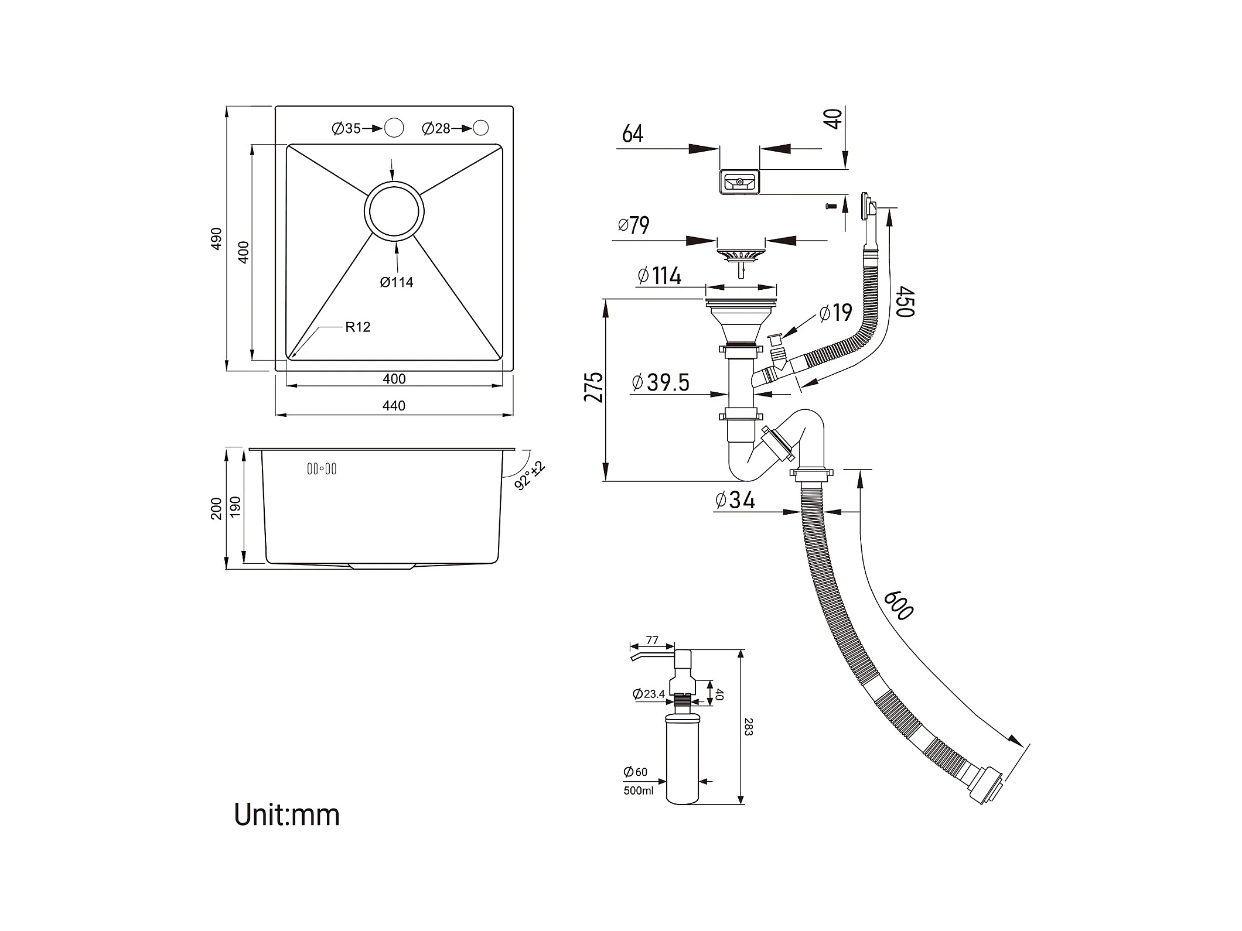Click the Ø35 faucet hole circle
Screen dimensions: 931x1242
click(394, 128)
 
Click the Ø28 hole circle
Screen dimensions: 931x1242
click(480, 128)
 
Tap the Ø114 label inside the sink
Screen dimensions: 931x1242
click(397, 282)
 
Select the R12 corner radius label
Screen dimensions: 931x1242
click(357, 327)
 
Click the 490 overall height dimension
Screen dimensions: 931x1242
click(216, 238)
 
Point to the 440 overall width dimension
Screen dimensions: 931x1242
click(394, 406)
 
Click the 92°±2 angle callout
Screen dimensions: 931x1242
click(530, 475)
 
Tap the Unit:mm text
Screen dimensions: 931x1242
click(286, 814)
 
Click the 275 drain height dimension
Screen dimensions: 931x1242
click(593, 386)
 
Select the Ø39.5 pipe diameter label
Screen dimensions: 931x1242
click(661, 382)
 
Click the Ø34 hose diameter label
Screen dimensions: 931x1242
click(735, 499)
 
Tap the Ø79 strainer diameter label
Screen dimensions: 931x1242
click(633, 225)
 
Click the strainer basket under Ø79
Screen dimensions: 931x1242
click(741, 256)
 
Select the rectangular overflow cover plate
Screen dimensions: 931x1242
click(739, 182)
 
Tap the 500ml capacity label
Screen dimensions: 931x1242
click(639, 791)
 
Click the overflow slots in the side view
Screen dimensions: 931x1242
click(322, 468)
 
